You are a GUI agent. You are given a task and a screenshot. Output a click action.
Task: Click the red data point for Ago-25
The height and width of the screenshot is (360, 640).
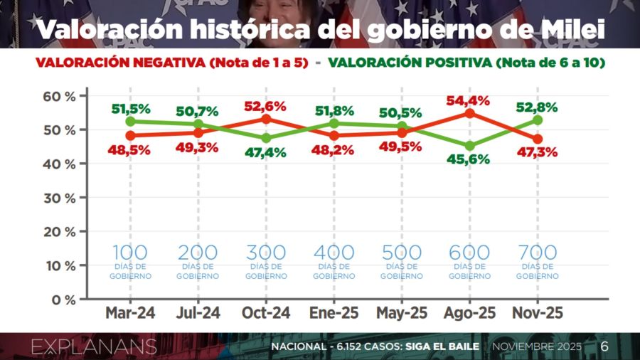(x=469, y=113)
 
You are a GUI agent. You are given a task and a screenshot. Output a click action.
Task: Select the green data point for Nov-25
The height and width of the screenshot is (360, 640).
(x=538, y=120)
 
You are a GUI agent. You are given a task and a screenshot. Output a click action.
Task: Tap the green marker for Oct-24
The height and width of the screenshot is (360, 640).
(x=266, y=138)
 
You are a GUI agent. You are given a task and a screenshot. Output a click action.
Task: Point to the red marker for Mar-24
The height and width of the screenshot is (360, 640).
(x=130, y=135)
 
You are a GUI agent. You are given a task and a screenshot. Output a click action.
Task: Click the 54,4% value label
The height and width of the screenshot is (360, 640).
(x=469, y=100)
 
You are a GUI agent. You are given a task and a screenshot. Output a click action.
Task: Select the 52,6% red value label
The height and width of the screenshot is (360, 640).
(x=265, y=106)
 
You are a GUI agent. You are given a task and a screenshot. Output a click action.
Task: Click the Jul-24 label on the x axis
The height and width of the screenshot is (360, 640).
(x=198, y=313)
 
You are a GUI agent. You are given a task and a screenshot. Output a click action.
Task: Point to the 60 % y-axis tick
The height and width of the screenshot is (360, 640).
(x=60, y=96)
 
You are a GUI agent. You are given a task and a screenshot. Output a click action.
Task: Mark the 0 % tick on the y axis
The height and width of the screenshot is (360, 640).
(x=63, y=300)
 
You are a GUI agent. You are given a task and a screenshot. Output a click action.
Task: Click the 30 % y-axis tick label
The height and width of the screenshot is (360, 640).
(x=60, y=198)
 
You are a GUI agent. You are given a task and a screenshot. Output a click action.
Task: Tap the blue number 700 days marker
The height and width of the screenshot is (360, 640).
(x=538, y=253)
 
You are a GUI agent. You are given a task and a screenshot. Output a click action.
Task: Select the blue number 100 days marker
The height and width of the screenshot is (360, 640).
(x=130, y=253)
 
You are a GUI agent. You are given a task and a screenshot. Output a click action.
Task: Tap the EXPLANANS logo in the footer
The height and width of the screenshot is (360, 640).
(x=93, y=346)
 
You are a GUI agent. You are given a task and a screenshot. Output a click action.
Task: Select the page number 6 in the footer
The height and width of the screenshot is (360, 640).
(x=604, y=346)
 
